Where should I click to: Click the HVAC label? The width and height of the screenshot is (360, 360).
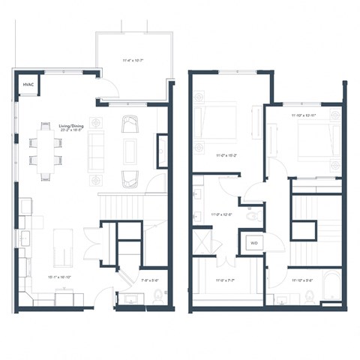tap(27, 85)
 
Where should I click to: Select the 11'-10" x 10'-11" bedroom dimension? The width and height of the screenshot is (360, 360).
tap(304, 115)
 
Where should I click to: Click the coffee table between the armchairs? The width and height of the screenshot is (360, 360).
tap(130, 150)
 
